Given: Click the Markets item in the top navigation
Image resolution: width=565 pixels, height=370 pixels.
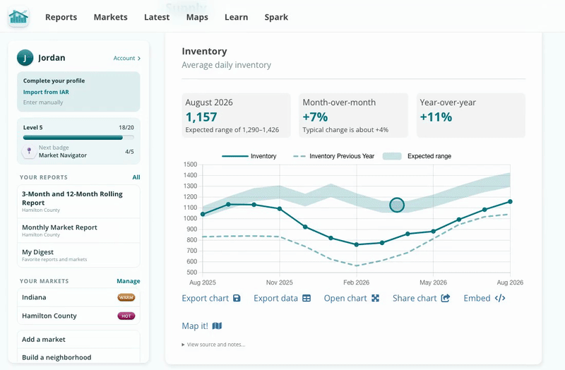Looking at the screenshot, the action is (110, 17).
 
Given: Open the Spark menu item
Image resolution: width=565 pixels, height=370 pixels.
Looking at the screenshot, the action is (276, 17).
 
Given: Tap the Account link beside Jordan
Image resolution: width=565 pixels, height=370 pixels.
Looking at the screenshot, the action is (127, 58).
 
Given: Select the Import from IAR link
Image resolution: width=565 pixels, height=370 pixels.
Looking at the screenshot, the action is (46, 92).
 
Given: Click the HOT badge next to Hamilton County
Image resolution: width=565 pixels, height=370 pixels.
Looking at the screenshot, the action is (126, 316).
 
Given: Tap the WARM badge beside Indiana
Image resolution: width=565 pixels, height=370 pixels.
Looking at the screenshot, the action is (126, 297).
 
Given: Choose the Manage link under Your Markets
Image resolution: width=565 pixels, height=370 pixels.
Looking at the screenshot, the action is (129, 281).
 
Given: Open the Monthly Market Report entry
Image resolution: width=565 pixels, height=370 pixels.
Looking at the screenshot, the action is (59, 227).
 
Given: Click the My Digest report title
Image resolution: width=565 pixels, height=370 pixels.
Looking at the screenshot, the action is (37, 252).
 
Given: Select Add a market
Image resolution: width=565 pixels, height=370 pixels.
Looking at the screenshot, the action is (44, 340).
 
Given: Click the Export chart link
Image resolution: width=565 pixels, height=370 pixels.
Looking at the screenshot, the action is (211, 298).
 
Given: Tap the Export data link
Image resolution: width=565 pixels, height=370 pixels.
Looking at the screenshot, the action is (282, 298).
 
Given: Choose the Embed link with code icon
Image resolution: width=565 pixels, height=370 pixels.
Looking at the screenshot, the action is (484, 298).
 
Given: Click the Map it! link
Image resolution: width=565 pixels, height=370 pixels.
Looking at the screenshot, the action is (202, 326).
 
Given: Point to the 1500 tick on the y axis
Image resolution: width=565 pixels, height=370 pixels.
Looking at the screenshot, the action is (190, 165).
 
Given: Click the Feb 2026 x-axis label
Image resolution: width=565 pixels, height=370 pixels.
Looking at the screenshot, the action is (356, 282).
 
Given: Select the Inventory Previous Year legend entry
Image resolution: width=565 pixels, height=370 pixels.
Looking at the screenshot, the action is (333, 156).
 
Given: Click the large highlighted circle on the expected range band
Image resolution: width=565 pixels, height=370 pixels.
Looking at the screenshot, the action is (397, 205).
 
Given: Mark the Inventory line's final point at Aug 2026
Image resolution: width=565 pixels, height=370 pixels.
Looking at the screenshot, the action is (510, 202).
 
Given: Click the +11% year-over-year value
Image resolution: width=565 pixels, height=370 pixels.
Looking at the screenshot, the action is (436, 117).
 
